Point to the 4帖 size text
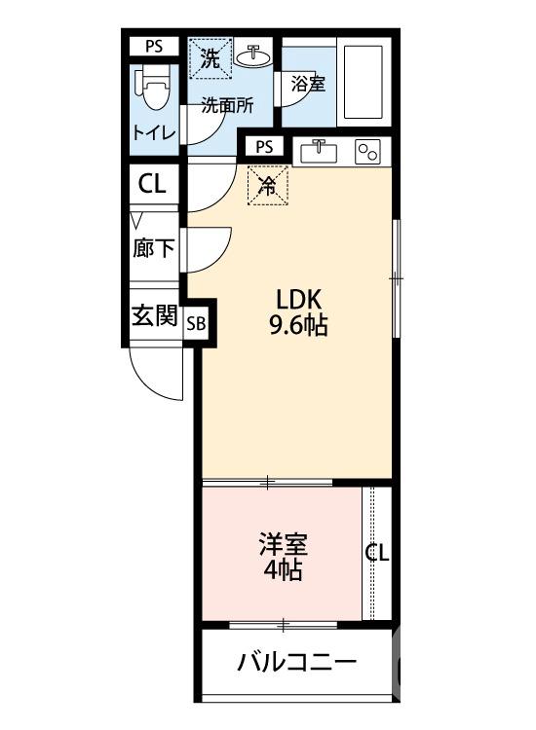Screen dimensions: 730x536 coord(282,570)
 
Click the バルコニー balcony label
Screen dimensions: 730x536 coord(296,664)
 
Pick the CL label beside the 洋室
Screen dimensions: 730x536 coord(377,554)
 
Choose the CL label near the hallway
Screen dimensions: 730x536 coord(152,184)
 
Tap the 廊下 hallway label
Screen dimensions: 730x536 coord(154,248)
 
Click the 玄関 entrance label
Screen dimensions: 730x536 coord(154,316)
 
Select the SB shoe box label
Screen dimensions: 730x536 coord(196,324)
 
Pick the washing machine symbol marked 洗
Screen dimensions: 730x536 coord(210,57)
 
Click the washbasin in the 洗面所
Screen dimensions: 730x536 coord(254,54)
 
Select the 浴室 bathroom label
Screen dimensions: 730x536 coord(308,84)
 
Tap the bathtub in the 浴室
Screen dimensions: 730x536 coord(364,81)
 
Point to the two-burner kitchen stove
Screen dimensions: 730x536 coord(368,153)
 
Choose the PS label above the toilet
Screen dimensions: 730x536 coord(154,46)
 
